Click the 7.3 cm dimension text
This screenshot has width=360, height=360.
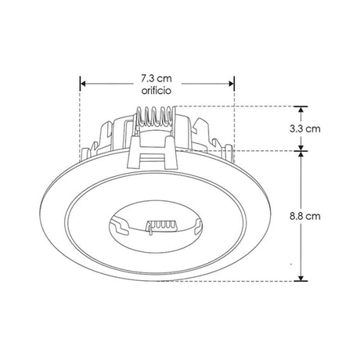coord(157,78)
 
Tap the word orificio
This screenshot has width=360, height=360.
coord(157,91)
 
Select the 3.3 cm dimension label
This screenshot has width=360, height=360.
coord(305,129)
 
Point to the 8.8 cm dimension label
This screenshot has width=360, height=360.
coord(305,216)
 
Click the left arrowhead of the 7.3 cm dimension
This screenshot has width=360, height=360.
coord(83,84)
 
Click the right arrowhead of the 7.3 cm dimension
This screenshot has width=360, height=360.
coord(232,84)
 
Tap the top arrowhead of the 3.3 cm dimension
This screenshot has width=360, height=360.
coord(301,110)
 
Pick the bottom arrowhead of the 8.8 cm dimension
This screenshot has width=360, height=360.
coord(301,278)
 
